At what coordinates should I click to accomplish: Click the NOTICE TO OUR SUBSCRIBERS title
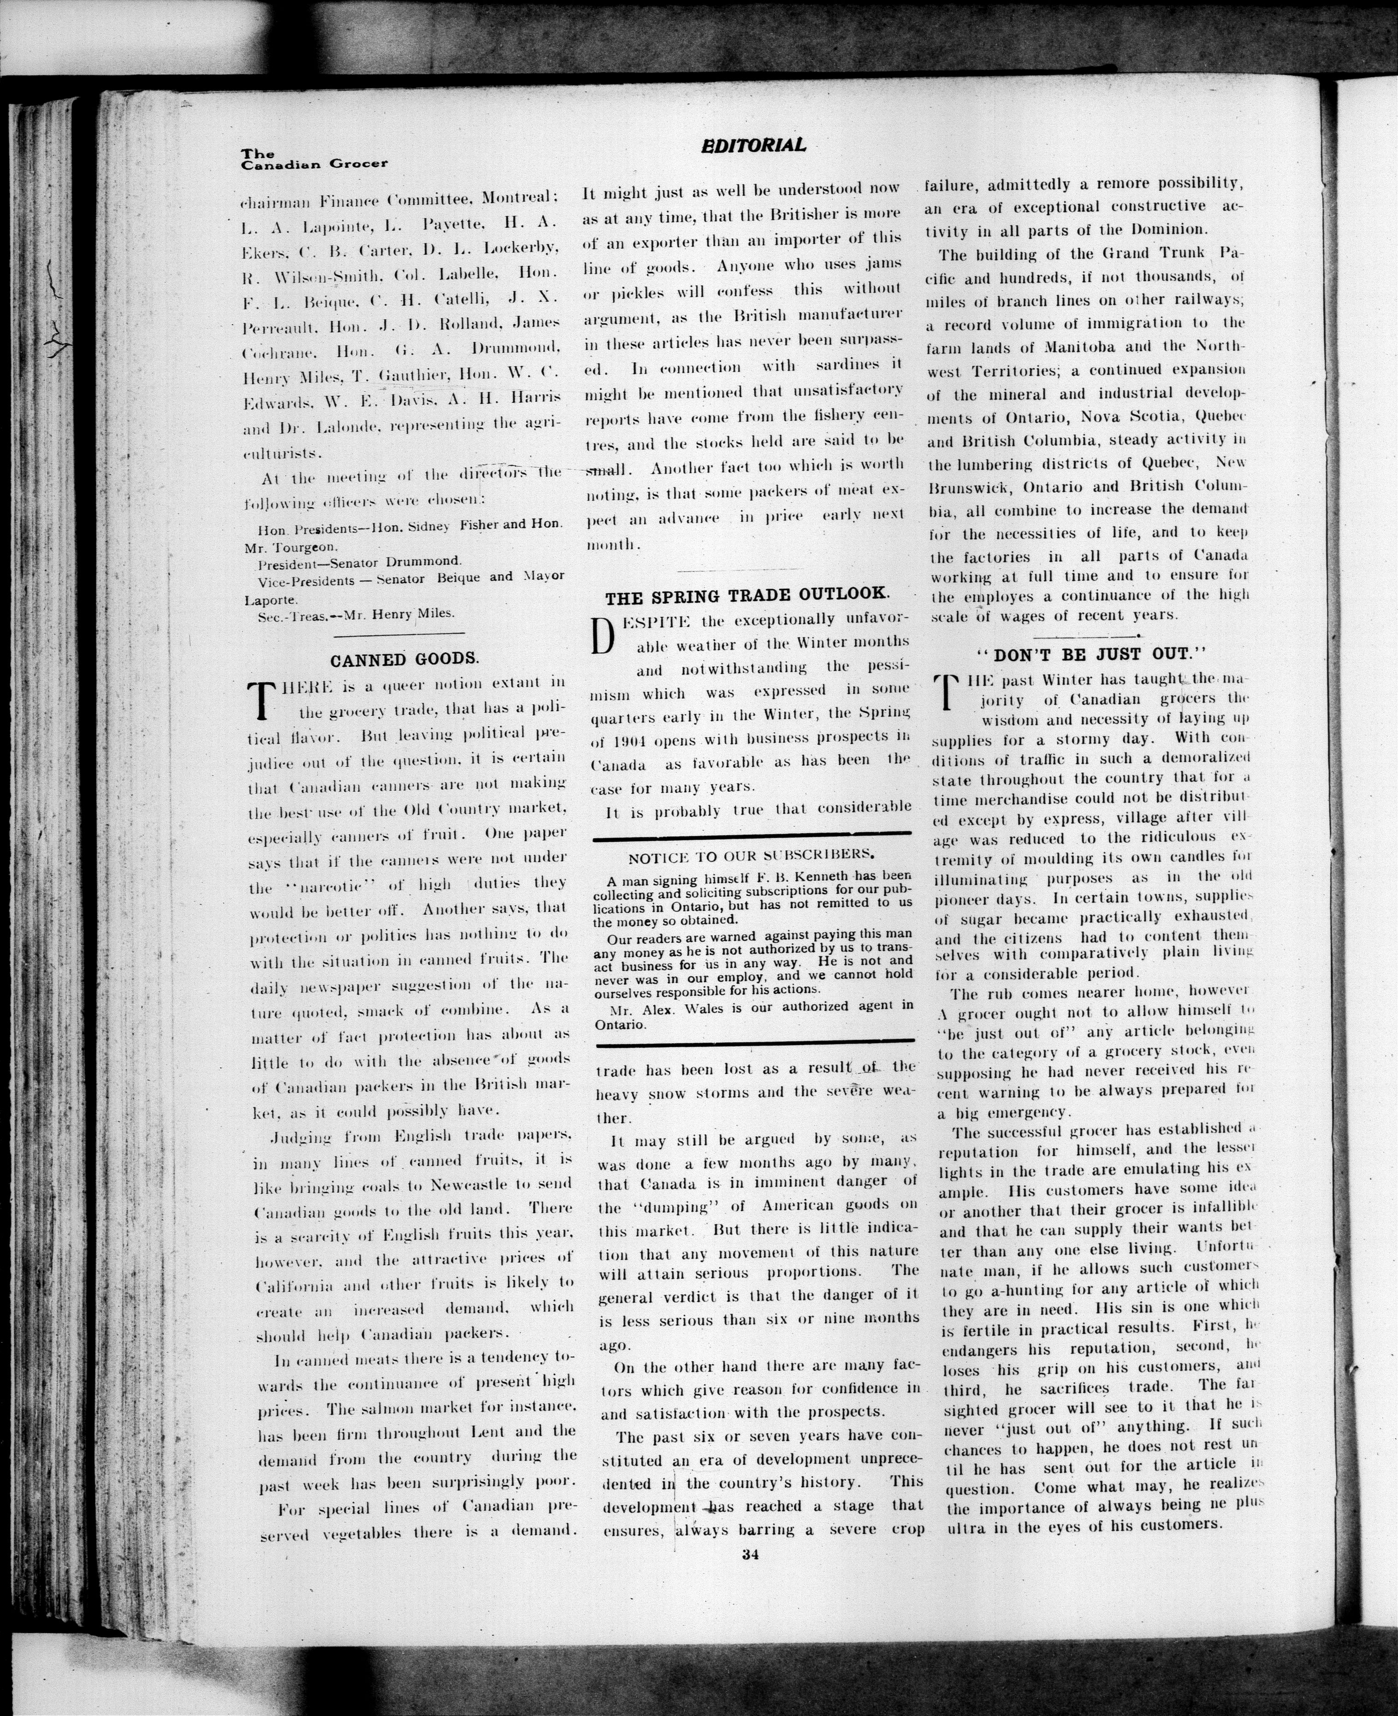[752, 855]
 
